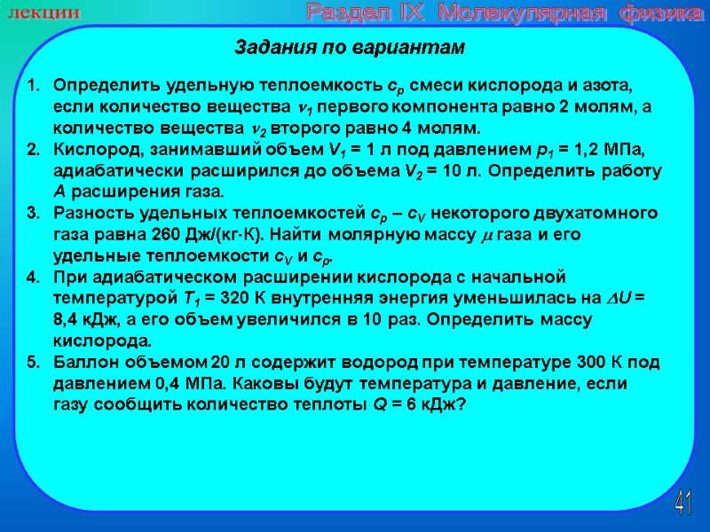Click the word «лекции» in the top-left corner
[51, 13]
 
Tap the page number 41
[682, 504]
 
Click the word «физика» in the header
[653, 13]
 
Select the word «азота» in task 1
[611, 87]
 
